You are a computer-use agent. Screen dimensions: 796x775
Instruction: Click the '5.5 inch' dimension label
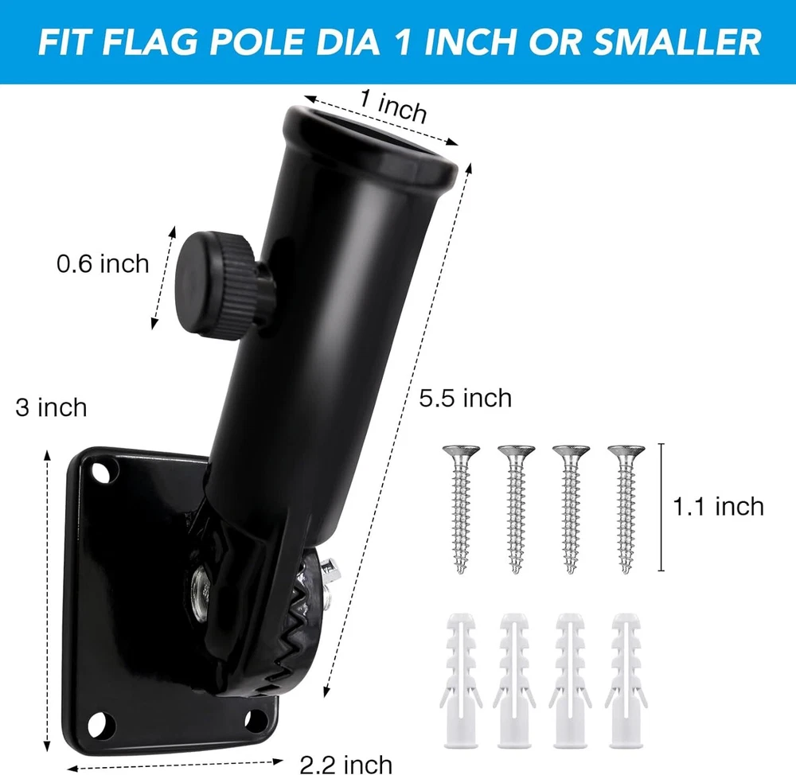tap(465, 398)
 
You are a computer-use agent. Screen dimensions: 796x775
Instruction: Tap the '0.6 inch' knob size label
tap(103, 264)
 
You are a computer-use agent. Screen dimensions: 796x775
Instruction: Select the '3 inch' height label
tap(51, 407)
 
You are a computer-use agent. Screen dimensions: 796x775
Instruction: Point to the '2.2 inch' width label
tap(345, 765)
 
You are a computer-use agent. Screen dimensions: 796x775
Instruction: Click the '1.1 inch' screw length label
tap(718, 507)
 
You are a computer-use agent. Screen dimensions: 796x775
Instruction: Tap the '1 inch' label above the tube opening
tap(393, 106)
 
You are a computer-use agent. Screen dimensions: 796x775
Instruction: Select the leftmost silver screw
tap(461, 508)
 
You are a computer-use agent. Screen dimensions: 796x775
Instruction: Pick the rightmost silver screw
tap(626, 508)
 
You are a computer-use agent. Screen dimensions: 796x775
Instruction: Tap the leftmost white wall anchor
tap(460, 680)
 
